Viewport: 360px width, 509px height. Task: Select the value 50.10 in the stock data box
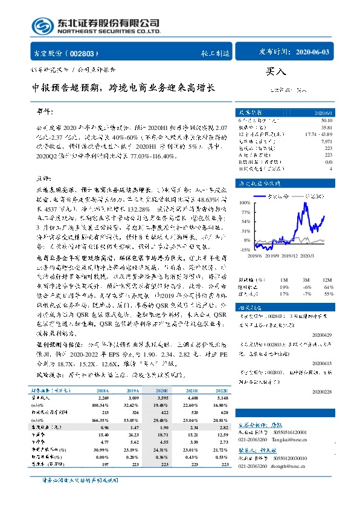326,120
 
